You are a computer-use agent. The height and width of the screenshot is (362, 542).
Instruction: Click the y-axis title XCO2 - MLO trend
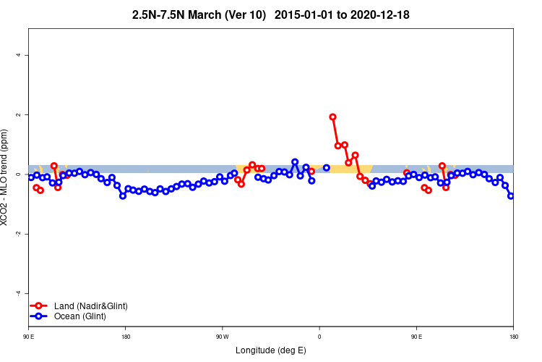click(6, 177)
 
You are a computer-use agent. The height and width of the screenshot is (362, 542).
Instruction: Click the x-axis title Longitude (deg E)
click(271, 351)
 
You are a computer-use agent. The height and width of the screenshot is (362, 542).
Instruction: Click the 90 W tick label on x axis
click(222, 337)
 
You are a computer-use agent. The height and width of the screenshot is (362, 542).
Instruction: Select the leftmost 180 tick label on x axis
click(126, 337)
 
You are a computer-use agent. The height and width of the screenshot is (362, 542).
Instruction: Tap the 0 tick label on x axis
click(319, 337)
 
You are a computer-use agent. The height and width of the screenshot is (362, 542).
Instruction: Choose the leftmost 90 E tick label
click(28, 337)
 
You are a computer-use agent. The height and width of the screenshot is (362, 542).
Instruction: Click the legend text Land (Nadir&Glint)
click(90, 306)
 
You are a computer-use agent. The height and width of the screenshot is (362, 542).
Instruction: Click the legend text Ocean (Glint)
click(79, 316)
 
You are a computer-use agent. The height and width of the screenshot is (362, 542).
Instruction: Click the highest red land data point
click(332, 117)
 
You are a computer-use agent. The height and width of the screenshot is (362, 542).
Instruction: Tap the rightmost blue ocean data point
click(511, 195)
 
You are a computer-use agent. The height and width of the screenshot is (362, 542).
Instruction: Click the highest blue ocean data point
click(295, 162)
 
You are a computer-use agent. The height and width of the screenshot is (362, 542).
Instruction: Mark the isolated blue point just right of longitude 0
click(327, 168)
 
